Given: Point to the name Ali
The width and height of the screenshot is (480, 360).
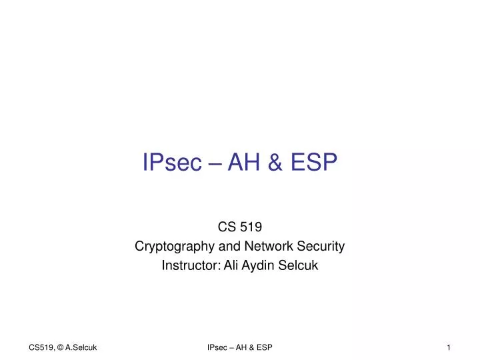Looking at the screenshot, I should click(x=233, y=265).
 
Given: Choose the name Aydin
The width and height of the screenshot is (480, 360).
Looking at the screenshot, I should click(x=262, y=265).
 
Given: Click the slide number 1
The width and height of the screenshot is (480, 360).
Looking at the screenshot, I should click(x=449, y=347).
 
